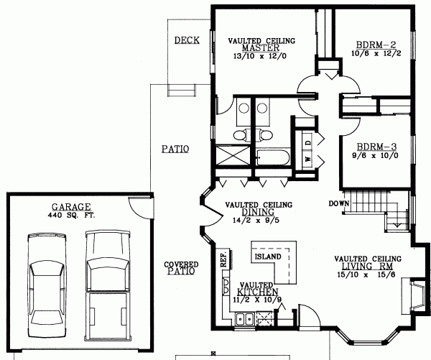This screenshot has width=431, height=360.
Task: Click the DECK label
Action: tap(187, 40)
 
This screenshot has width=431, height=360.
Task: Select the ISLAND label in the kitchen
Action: tap(267, 256)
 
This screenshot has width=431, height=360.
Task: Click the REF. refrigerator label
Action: tap(223, 259)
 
